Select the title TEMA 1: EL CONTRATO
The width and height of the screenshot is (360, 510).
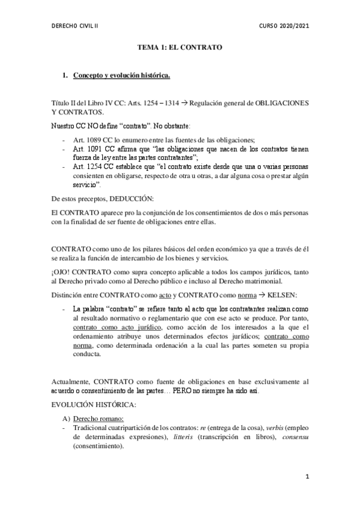pos(179,47)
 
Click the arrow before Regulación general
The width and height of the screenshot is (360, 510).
pos(185,103)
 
